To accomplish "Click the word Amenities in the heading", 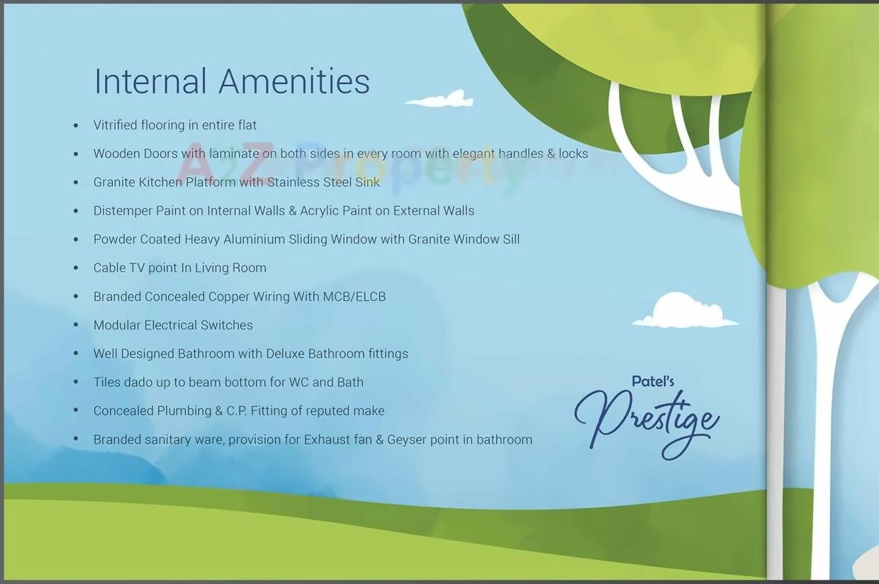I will [294, 81].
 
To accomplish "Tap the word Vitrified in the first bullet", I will [115, 125].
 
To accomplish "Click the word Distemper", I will [123, 210].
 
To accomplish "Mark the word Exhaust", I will [327, 439].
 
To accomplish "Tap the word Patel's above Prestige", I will [652, 381].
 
